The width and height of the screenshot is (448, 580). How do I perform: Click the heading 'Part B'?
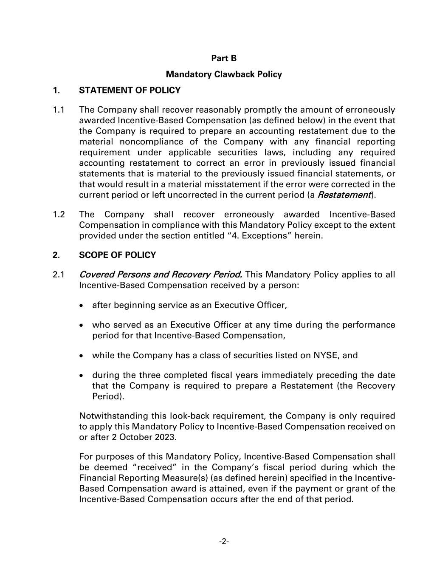(224, 58)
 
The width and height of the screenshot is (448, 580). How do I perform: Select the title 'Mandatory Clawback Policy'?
(224, 74)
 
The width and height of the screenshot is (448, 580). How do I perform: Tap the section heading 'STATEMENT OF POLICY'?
(130, 90)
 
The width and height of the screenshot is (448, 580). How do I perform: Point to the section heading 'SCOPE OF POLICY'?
(117, 255)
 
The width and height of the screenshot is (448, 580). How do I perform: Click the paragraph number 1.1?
(59, 110)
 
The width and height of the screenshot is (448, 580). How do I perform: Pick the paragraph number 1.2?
(59, 214)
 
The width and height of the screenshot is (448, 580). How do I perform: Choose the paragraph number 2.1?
(59, 274)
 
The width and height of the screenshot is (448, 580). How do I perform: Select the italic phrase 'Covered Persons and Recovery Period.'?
(161, 274)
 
